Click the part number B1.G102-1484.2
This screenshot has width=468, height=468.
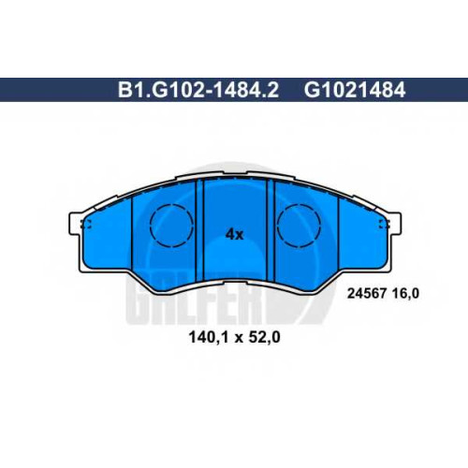198,90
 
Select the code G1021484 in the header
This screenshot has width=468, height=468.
355,90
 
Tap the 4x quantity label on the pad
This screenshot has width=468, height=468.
234,234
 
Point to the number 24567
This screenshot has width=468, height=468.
367,293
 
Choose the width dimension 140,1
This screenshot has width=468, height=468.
207,337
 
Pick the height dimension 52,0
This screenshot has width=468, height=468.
263,337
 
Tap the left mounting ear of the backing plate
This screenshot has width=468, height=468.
73,224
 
